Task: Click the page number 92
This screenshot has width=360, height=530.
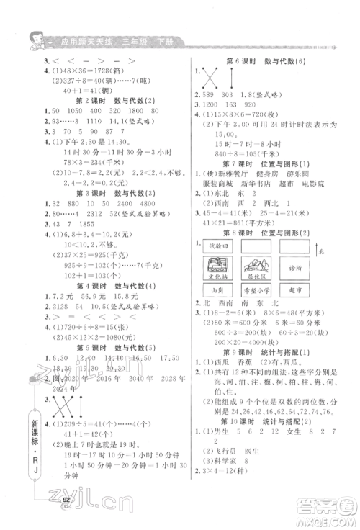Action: pos(66,496)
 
